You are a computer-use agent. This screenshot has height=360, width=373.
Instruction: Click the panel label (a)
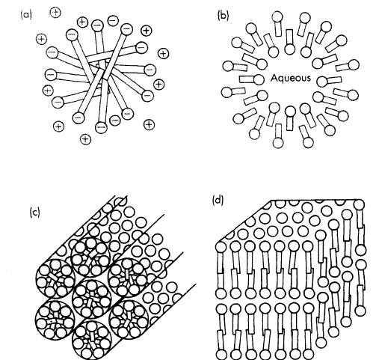coord(26,15)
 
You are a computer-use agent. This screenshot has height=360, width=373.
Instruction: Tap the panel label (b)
coord(223,16)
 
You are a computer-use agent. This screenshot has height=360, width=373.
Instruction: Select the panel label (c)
coord(34,213)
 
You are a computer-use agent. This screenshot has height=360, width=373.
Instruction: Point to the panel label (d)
coord(218,200)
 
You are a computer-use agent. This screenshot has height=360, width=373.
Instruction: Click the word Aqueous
coord(291,78)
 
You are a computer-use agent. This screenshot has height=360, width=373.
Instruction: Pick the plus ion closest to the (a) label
coord(55,13)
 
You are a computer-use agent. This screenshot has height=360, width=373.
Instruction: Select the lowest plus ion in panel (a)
coord(85,139)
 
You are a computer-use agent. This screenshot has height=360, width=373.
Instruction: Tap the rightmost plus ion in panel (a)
coord(164,53)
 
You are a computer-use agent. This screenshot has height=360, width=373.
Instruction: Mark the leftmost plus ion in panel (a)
coord(42,39)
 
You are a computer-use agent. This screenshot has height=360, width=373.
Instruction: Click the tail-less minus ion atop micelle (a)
coord(113,21)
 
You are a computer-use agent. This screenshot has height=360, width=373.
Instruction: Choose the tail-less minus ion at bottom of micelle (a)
coord(115,120)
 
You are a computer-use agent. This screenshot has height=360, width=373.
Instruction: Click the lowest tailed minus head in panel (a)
coord(101,127)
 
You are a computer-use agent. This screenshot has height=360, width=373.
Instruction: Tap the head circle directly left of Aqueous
coord(258,79)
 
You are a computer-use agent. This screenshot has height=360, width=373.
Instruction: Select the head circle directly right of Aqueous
coord(322,82)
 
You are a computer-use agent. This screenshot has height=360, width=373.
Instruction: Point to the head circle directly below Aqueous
coord(290,112)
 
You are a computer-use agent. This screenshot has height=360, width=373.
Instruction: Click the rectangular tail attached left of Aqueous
coord(247,79)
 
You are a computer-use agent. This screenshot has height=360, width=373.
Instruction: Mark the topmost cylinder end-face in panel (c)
coord(90,257)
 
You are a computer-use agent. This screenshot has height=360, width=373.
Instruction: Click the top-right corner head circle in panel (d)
coord(359,205)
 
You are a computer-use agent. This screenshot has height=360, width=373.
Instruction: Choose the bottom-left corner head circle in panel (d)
coord(221,355)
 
